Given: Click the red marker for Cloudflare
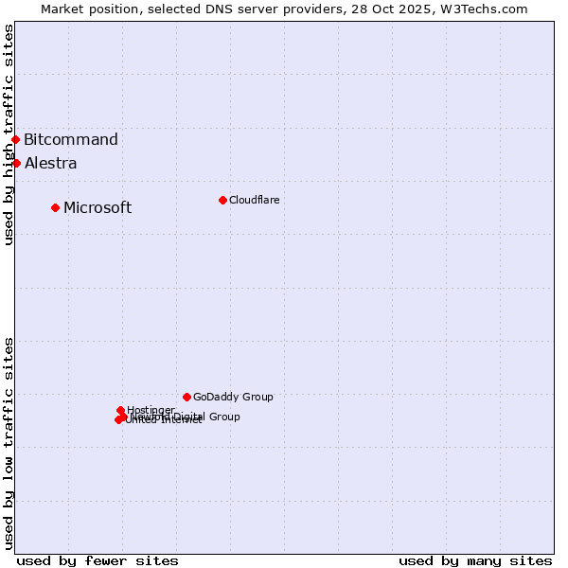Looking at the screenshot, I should coord(222,200).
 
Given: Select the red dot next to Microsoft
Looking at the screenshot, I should coord(55,207).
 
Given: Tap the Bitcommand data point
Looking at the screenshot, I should coord(15,140).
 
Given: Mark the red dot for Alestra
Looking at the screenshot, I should coord(16,163).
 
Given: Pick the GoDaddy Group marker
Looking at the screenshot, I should coord(186,397).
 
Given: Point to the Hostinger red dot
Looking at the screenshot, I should coord(120,410).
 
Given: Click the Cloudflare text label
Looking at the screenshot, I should coord(254,200).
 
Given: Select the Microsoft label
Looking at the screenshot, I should coord(98,208).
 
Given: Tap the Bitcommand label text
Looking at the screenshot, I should coord(71,140).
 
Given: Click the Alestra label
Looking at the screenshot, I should coord(51,164).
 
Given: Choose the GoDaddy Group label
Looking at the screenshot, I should coord(233,397).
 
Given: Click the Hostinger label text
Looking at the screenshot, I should coord(151,410).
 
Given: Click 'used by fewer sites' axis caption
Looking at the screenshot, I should coord(98,560).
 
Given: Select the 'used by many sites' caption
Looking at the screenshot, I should coord(475,560).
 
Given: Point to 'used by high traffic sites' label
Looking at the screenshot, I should coord(9,134).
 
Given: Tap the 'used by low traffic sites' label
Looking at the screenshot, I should coord(9,443).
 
